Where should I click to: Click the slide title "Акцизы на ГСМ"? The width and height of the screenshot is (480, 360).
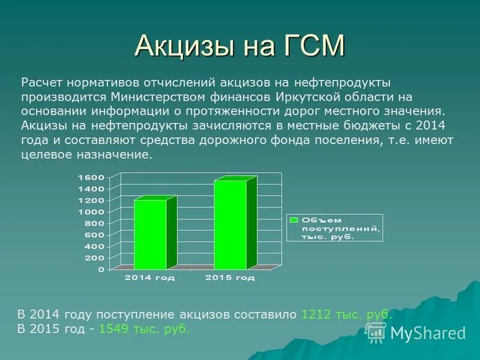[240, 46]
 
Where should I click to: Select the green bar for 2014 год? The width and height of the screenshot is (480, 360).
[150, 234]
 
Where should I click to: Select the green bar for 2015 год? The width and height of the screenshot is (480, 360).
[230, 224]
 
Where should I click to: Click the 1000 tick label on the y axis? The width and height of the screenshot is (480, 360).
[91, 212]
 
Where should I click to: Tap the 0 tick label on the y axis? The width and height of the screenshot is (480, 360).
[101, 269]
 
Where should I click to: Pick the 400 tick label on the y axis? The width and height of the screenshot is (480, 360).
[94, 247]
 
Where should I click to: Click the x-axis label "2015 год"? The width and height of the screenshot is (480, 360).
[230, 278]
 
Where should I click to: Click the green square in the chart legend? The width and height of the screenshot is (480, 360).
[294, 219]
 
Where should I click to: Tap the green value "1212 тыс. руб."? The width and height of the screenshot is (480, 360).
[347, 314]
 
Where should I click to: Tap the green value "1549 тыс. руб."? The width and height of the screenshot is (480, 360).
[144, 329]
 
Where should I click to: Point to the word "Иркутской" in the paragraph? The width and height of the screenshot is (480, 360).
[301, 96]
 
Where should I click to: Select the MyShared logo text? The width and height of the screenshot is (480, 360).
[428, 333]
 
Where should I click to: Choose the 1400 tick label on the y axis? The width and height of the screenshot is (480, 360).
[91, 188]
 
